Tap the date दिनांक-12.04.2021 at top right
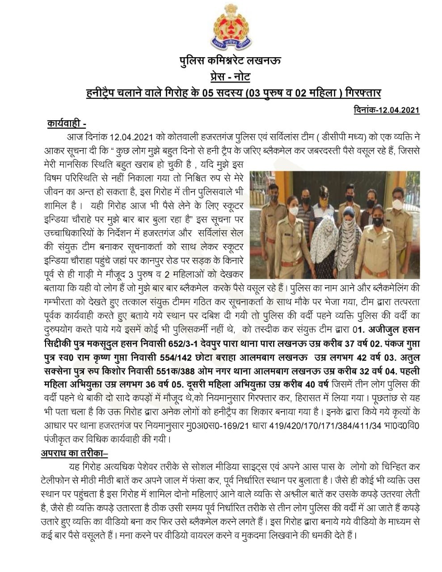pos(386,109)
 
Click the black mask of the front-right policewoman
pos(378,221)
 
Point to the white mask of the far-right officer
pos(397,204)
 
